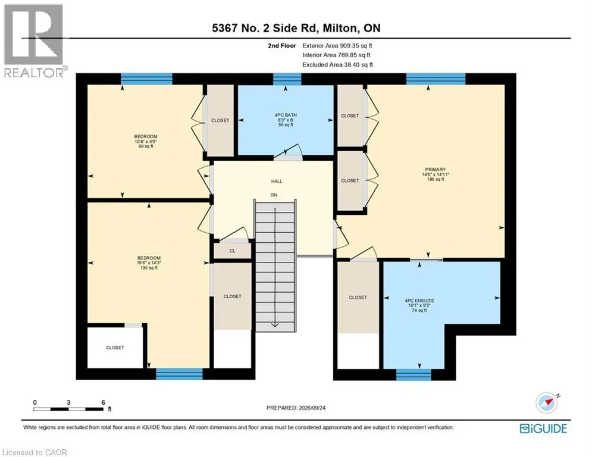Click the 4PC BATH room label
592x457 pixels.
click(286, 120)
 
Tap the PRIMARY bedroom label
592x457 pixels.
click(436, 174)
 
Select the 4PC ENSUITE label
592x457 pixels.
click(419, 305)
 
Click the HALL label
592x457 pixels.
click(277, 181)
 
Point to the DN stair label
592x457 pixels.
click(274, 195)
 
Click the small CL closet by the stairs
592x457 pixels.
click(232, 251)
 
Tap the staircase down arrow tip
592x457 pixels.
click(275, 327)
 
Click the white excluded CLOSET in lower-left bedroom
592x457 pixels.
click(115, 348)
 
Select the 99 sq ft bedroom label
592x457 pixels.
click(146, 141)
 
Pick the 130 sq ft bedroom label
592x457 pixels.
click(149, 263)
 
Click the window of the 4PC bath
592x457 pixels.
click(287, 79)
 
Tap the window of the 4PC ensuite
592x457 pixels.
click(414, 374)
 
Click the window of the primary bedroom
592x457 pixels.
click(436, 79)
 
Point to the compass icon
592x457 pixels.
click(547, 403)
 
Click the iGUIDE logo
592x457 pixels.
click(543, 428)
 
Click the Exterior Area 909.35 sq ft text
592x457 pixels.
click(337, 46)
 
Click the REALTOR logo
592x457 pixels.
click(34, 41)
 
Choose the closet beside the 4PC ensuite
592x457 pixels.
click(358, 298)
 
